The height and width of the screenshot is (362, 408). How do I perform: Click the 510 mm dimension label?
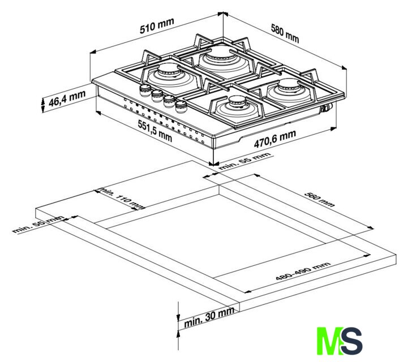click(157, 26)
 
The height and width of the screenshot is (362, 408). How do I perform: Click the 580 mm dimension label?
click(285, 33)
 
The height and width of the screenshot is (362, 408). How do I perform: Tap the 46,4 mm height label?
click(67, 98)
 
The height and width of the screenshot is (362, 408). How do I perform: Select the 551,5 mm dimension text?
click(155, 131)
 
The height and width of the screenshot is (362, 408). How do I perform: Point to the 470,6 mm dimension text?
click(275, 139)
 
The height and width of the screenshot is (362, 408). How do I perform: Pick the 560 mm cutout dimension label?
click(319, 200)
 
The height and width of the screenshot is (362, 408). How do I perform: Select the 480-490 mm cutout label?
click(303, 271)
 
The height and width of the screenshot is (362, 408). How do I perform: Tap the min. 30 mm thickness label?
click(209, 317)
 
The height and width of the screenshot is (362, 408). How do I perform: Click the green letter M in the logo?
click(329, 341)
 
